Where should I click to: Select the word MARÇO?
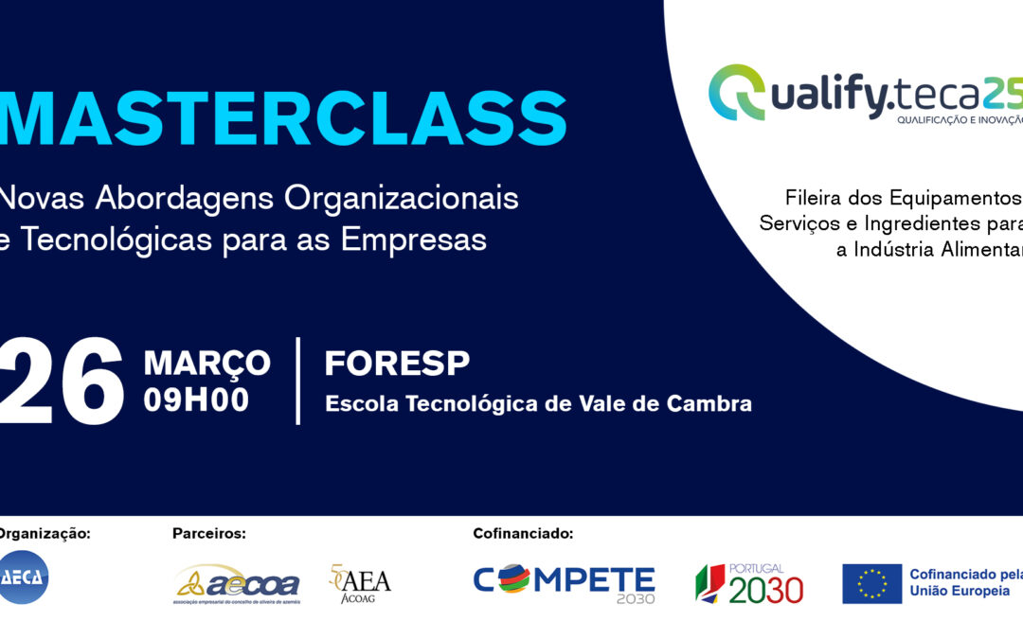[206, 363]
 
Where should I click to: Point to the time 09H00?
[196, 400]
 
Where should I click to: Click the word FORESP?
[397, 364]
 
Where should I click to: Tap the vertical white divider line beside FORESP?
[298, 381]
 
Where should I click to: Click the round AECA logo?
[23, 577]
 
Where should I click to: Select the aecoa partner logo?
[238, 584]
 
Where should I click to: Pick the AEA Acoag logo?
[360, 584]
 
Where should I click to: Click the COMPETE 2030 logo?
[564, 583]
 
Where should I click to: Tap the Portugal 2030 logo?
[749, 584]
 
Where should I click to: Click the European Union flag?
[871, 584]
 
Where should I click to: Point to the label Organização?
[45, 533]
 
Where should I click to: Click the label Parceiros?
[208, 533]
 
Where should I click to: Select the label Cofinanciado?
[523, 533]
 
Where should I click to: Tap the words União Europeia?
[959, 591]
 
